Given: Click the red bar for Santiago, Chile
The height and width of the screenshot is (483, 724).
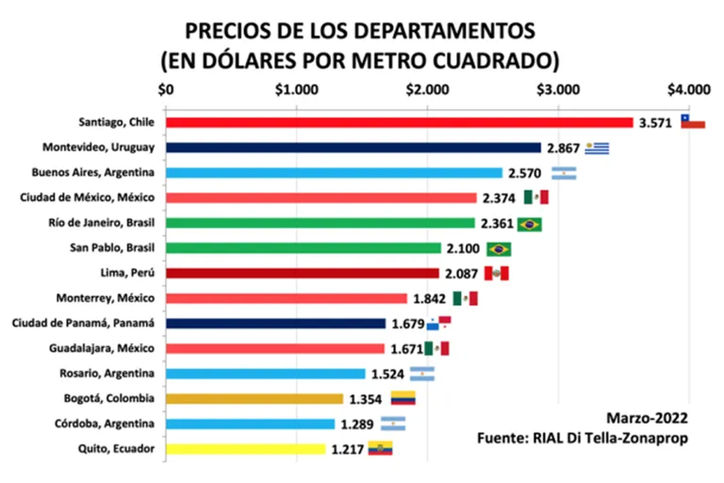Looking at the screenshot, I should click(399, 123).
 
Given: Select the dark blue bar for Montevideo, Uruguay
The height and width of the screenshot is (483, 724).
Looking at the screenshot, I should click(353, 148).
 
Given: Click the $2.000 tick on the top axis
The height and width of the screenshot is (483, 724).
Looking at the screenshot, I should click(427, 90).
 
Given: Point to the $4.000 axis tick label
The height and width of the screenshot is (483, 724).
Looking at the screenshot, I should click(688, 90).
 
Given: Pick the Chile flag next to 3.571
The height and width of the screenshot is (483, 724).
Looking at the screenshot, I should click(693, 121).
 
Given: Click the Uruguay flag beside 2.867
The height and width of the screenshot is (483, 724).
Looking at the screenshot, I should click(597, 148).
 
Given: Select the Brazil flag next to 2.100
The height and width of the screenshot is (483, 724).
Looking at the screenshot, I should click(499, 249).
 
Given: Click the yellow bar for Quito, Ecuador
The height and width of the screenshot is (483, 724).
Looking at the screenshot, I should click(245, 449).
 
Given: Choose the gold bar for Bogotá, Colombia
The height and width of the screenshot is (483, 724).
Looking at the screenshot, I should click(254, 398).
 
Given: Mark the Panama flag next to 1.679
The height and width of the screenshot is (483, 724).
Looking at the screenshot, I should click(439, 323).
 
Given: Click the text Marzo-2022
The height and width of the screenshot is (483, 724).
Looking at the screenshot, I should click(647, 417).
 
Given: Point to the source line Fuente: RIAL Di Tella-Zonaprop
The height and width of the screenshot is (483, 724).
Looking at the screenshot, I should click(582, 438).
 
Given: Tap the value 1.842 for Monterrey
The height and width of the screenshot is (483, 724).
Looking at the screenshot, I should click(430, 298).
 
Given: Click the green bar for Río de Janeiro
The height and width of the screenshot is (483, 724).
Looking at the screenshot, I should click(320, 223).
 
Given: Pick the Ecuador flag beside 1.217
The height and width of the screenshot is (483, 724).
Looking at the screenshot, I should click(380, 448).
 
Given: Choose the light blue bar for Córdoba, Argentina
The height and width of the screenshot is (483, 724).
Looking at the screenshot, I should click(250, 424).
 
